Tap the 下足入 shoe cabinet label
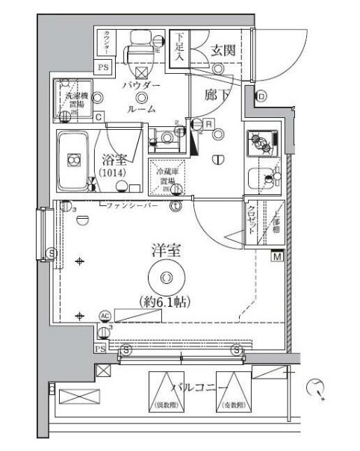click(x=180, y=49)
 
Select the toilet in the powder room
click(x=137, y=49)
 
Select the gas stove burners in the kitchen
click(x=264, y=142)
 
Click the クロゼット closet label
click(x=253, y=222)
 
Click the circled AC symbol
click(x=104, y=316)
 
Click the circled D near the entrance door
click(x=261, y=96)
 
